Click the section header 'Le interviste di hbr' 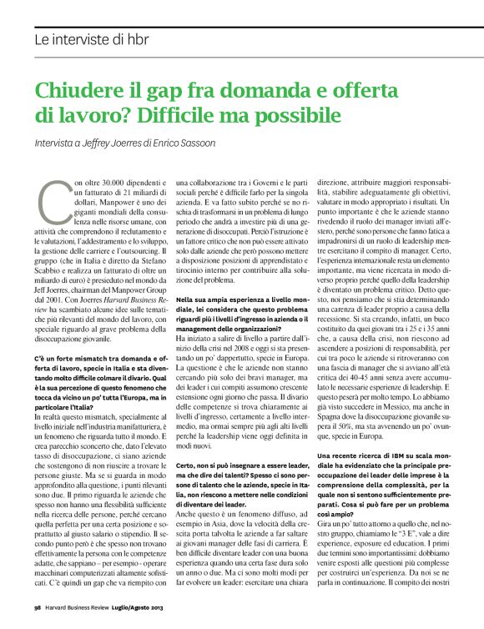pos(92,38)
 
